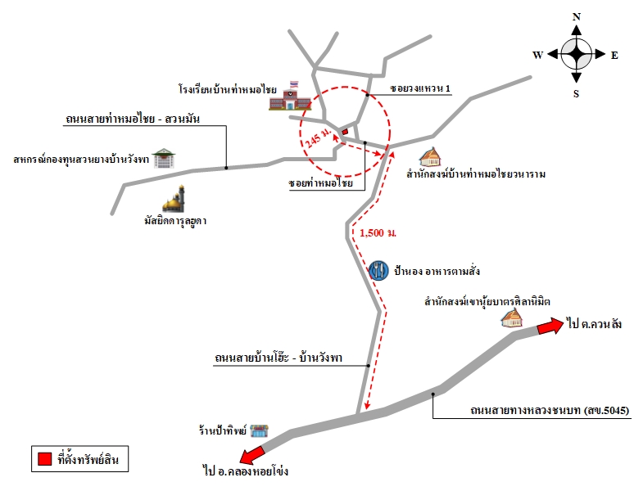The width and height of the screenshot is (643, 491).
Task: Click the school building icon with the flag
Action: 290,97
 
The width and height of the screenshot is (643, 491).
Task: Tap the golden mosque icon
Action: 174,199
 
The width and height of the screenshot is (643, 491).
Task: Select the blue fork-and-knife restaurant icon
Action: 378,271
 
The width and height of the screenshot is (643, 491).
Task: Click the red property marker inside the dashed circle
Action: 345,132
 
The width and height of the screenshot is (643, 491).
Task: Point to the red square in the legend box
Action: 44,458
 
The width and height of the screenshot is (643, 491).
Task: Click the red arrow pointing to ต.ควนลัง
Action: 550,326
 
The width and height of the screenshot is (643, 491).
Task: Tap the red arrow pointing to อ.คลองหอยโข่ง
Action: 252,455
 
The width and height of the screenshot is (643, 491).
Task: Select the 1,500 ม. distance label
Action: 378,232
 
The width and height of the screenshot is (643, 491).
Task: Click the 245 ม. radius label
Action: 318,138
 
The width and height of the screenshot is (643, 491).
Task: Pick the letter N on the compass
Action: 577,17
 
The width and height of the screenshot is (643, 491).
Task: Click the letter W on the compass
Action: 537,55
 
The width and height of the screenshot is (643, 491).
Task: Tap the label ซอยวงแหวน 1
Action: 420,88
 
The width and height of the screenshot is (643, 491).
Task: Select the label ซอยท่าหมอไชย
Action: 320,182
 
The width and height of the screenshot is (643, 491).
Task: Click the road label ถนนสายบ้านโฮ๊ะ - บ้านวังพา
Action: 278,358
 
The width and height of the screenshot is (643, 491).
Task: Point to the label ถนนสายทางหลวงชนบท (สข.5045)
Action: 550,410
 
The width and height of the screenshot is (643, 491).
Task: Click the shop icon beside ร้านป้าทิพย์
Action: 259,430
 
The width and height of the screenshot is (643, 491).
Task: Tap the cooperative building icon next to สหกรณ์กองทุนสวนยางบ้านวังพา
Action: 164,158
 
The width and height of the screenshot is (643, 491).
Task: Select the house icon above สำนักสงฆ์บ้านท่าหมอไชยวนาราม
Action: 430,157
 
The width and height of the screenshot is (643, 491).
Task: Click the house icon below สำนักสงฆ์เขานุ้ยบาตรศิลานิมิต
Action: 512,318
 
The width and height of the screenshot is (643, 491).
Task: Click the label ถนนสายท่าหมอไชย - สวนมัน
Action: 133,119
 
